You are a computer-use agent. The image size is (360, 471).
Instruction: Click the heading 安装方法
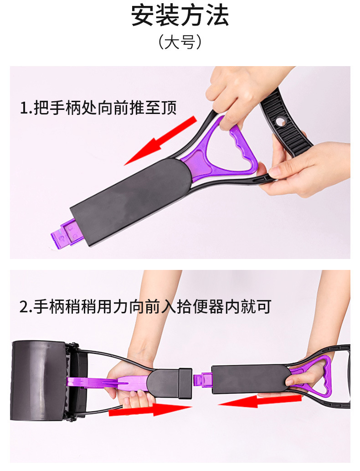[180, 16]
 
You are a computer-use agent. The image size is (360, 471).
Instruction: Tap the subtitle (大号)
[180, 42]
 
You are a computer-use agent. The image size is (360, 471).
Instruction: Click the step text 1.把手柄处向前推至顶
[98, 108]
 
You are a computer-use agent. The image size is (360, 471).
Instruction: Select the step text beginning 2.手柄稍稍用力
[145, 307]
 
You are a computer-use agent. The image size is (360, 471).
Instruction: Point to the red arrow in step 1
[160, 141]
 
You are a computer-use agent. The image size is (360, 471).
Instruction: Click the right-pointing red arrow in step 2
[150, 409]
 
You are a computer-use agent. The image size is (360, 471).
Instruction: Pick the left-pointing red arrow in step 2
[260, 401]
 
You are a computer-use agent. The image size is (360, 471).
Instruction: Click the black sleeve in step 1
[131, 202]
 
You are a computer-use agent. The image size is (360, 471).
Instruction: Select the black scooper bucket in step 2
[42, 381]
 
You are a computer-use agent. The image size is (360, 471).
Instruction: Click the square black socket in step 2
[185, 384]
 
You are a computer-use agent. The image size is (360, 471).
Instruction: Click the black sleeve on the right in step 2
[251, 378]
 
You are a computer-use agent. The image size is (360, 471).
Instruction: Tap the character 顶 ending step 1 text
[169, 108]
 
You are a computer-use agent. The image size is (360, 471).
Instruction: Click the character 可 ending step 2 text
[263, 307]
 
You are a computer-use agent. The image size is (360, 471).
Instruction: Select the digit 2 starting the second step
[24, 307]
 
